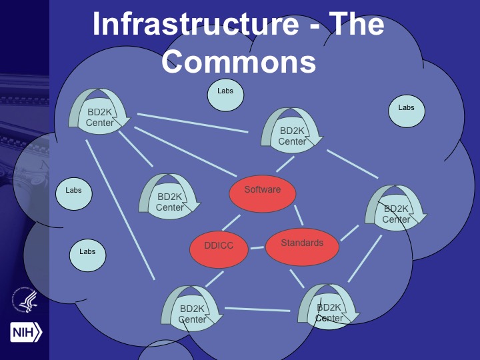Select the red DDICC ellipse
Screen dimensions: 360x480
(219, 246)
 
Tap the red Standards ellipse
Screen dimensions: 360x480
(302, 245)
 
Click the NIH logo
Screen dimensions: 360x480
(26, 331)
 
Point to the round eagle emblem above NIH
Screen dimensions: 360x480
(25, 301)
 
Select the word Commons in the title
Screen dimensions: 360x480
(238, 62)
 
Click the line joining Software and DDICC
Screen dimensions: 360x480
(231, 223)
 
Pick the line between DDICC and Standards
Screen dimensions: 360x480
(257, 248)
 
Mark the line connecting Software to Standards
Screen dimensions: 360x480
(298, 215)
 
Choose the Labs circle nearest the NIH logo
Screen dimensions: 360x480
(87, 254)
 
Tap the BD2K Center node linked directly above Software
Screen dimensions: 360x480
(292, 133)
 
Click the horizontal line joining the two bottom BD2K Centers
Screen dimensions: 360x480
(257, 309)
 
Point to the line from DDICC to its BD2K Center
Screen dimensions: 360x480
(214, 279)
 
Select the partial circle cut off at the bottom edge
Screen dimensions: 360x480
(165, 351)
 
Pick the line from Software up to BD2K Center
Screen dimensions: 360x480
(285, 164)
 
